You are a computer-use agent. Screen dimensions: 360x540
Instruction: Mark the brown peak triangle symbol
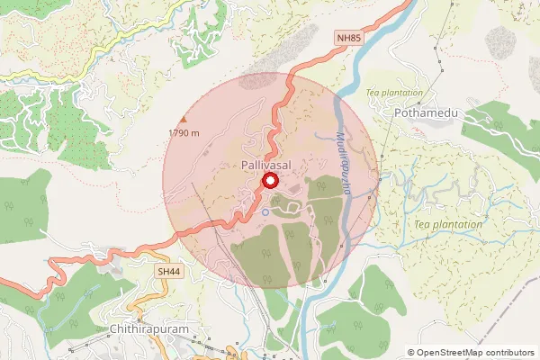tap(184, 120)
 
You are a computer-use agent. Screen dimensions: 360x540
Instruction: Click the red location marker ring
tap(269, 182)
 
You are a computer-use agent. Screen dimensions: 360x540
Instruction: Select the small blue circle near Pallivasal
tap(265, 211)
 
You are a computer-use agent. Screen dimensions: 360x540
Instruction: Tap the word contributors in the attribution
tap(508, 353)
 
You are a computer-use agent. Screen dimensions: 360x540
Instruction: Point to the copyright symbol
tap(411, 353)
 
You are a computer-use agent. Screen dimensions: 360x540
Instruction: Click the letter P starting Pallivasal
tap(245, 166)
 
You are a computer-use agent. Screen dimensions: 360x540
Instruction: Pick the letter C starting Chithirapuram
tap(111, 331)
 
